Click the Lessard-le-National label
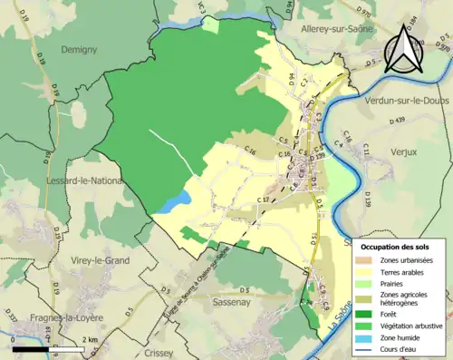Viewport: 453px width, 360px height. point(82,181)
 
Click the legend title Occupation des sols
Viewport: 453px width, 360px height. point(396,247)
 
